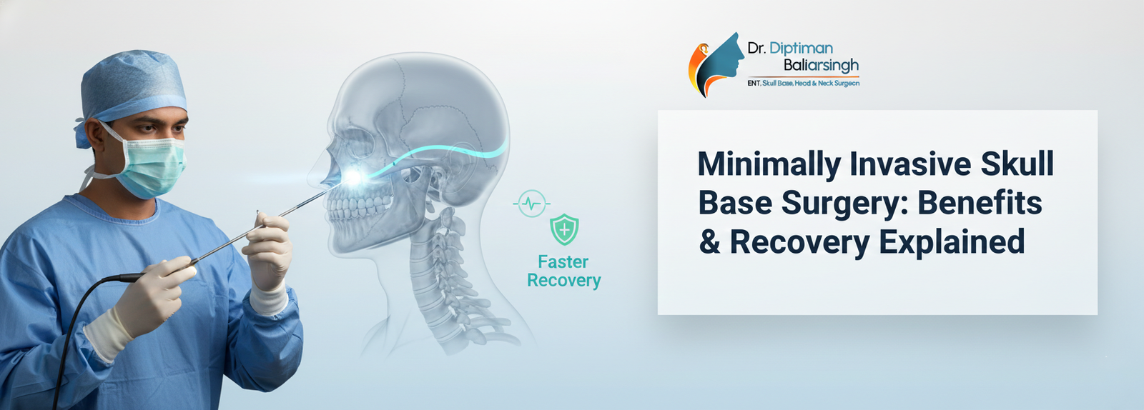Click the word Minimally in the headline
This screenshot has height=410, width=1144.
[x=769, y=165]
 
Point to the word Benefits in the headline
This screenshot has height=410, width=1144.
[x=980, y=202]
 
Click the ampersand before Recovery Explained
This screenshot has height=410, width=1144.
[x=710, y=241]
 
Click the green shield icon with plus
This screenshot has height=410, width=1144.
[x=564, y=229]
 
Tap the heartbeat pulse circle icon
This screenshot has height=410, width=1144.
[x=532, y=204]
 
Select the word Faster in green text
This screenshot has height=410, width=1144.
[x=563, y=262]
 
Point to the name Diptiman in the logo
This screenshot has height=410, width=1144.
[x=801, y=49]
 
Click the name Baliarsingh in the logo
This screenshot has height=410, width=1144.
[x=822, y=65]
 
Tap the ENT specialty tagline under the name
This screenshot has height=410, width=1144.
[x=804, y=83]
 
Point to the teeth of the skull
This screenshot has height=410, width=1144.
[x=357, y=206]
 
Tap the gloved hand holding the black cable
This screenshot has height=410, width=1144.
[x=148, y=301]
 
